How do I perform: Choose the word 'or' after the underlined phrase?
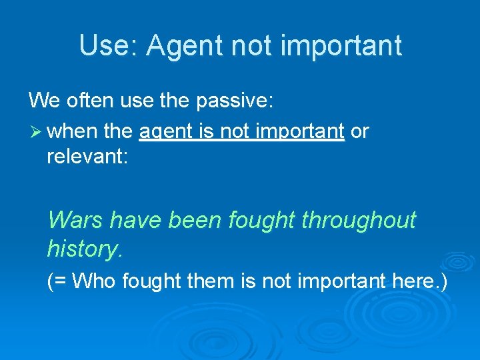359,131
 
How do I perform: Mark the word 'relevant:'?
86,160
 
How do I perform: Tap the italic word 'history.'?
85,249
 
